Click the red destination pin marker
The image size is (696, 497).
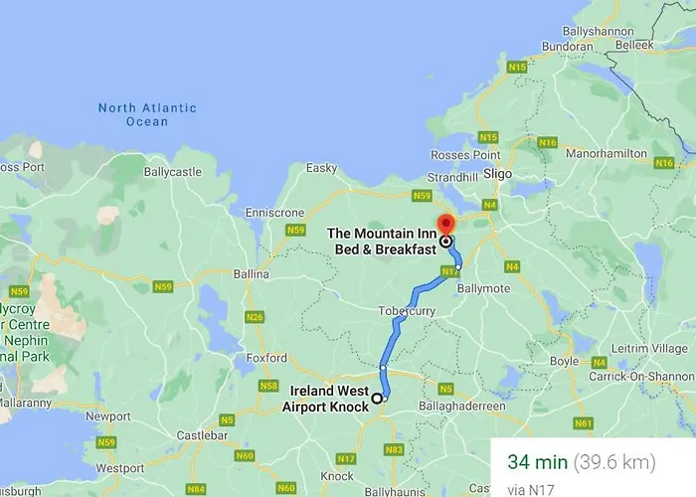(x=445, y=225)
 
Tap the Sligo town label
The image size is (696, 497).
(x=497, y=173)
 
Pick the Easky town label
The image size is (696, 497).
(x=321, y=168)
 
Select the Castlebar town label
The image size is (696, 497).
(x=194, y=409)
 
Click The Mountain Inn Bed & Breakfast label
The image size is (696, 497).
(x=382, y=241)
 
